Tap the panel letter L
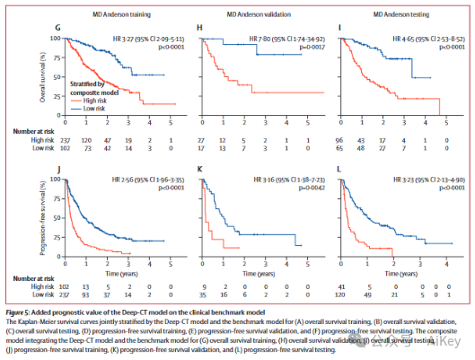point(339,169)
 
